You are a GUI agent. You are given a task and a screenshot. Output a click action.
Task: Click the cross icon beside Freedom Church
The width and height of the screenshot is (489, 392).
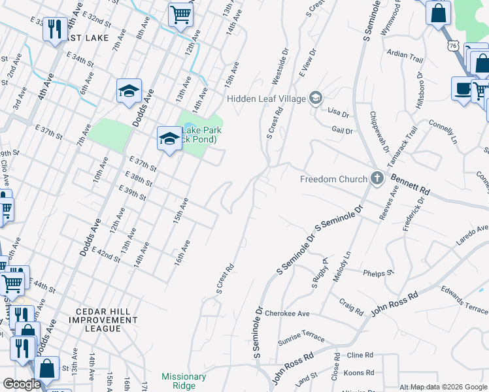(x=377, y=178)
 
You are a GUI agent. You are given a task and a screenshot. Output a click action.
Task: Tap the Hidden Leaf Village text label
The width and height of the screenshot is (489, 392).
(x=267, y=99)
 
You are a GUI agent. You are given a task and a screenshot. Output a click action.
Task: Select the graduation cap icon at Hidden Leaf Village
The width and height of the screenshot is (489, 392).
(x=316, y=99)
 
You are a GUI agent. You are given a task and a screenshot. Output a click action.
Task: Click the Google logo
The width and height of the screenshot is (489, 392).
(x=22, y=384)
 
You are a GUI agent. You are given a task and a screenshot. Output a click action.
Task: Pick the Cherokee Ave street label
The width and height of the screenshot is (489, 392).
(x=287, y=314)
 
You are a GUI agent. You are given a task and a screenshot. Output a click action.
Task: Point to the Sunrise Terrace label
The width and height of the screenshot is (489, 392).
(x=301, y=337)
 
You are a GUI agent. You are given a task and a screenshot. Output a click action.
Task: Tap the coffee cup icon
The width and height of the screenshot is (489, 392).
(x=463, y=89)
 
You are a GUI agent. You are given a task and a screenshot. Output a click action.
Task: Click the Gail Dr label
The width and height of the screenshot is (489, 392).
(x=342, y=131)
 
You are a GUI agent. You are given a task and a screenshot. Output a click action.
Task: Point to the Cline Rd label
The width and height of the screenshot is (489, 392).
(x=360, y=355)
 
